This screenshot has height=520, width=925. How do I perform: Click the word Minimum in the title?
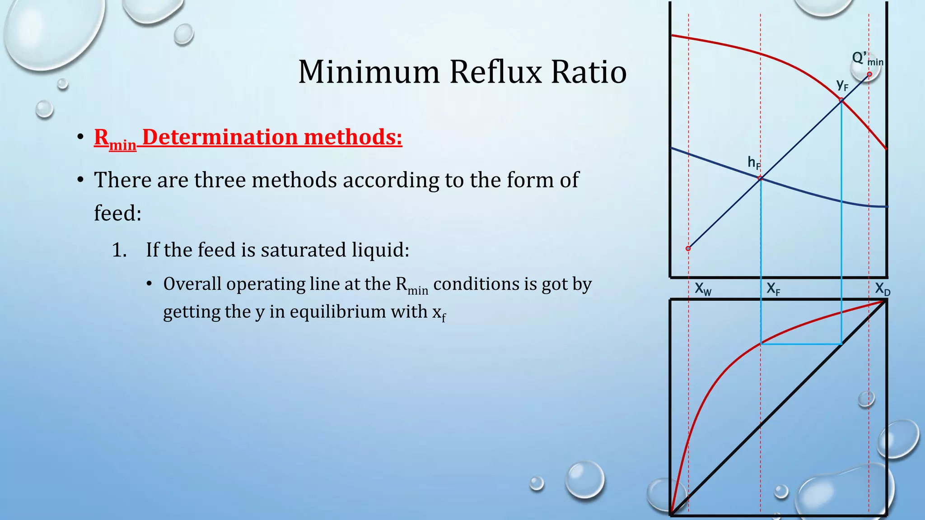tap(369, 72)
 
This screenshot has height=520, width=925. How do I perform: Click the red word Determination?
tap(220, 137)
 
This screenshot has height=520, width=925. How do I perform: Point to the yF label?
tap(842, 84)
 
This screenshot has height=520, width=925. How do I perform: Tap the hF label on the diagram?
tap(754, 162)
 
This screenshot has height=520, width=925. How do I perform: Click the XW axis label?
tap(703, 289)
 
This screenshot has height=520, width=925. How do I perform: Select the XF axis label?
tap(773, 289)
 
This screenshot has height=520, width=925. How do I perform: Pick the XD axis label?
tap(882, 289)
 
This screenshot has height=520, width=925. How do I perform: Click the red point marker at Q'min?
tap(869, 74)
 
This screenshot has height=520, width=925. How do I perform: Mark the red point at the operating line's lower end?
tap(688, 248)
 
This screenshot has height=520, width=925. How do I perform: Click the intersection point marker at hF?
tap(761, 178)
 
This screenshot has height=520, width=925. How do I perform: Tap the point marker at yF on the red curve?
tap(841, 100)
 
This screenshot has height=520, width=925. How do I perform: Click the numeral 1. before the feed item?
tap(119, 250)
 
